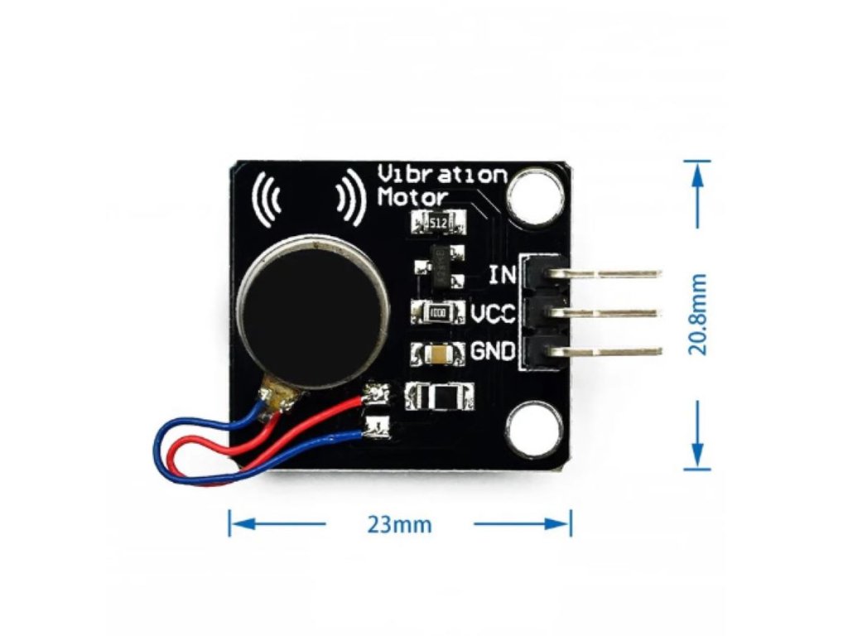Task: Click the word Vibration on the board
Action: [x=442, y=175]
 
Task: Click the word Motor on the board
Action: [x=412, y=197]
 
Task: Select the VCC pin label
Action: [x=494, y=314]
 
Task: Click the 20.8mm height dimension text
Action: [x=699, y=314]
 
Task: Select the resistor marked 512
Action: [x=439, y=223]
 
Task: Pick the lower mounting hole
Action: [x=533, y=430]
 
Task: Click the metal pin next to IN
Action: [x=617, y=273]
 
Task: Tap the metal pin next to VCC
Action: [x=617, y=313]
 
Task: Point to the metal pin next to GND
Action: [x=617, y=352]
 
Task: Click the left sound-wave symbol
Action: [x=267, y=199]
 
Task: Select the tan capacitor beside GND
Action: [x=438, y=354]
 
